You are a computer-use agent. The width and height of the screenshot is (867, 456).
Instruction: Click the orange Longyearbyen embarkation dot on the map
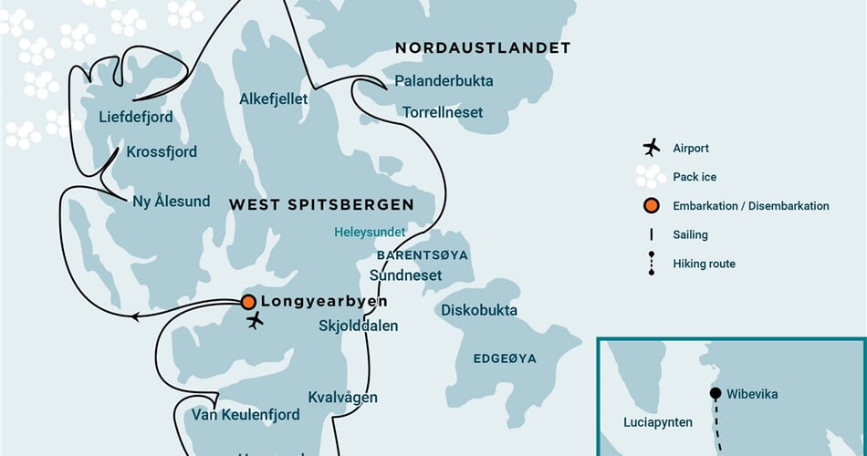pos(247,302)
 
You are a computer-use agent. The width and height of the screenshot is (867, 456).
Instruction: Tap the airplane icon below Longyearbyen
pos(255,321)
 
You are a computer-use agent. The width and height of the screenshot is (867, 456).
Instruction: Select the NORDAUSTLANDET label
pos(483,47)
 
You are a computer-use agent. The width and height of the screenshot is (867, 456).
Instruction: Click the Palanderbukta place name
pos(444,81)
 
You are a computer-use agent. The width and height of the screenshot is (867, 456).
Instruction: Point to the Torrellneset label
pos(443,112)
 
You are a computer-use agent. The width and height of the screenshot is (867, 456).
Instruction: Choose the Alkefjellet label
pos(274,98)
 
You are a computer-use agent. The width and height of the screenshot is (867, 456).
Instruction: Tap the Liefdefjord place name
pos(135,118)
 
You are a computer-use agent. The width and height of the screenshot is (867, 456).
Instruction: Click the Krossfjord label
pos(162,151)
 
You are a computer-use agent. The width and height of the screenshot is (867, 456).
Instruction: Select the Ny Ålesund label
pos(171,202)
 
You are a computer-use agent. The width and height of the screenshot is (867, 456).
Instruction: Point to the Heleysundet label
pos(369,233)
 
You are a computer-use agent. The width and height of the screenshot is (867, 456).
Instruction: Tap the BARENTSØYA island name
pos(422,255)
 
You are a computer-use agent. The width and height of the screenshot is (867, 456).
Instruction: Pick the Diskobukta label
pos(479,310)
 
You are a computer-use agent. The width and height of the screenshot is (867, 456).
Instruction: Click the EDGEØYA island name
pos(505,358)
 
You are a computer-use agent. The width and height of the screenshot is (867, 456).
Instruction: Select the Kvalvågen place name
pos(342,398)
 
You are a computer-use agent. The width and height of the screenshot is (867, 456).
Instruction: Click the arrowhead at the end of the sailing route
pos(135,316)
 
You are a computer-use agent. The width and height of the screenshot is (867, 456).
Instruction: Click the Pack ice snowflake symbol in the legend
pos(651,177)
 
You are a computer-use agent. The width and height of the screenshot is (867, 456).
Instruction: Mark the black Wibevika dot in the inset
pos(716,394)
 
